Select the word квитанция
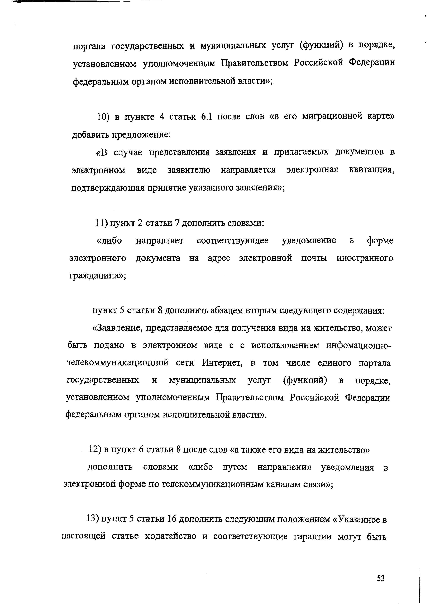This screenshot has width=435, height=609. (x=372, y=170)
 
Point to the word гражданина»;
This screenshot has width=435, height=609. (x=98, y=276)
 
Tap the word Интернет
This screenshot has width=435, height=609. (x=222, y=363)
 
